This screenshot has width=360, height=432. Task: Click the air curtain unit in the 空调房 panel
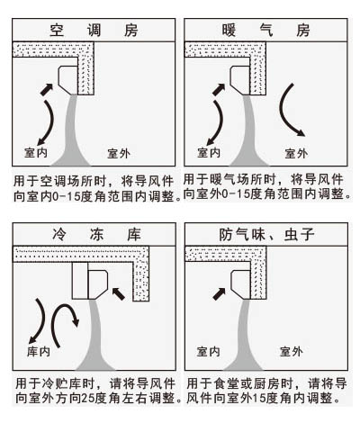[70, 80]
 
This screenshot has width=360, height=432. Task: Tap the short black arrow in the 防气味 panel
[219, 293]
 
